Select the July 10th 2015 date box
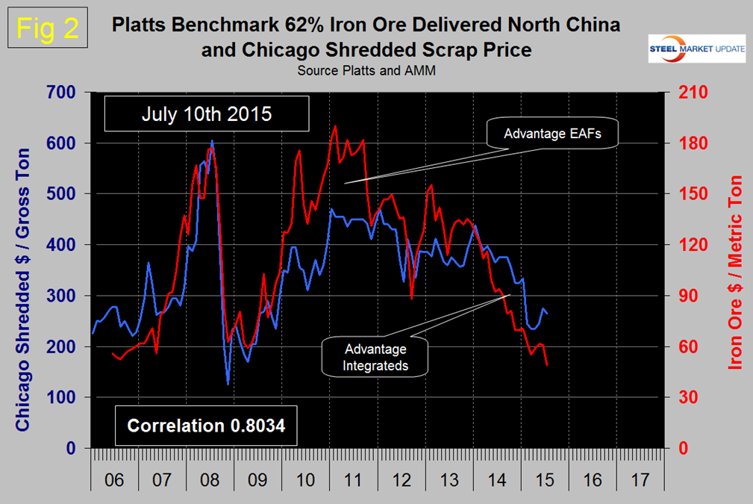point(205,116)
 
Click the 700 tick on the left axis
point(65,93)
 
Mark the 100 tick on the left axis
point(65,398)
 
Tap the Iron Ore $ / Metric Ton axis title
point(734,273)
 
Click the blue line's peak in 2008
point(212,140)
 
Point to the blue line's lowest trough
point(228,384)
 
